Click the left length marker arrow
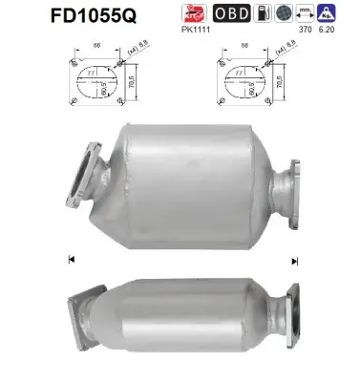coord(72,259)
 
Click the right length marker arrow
coord(296,260)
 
